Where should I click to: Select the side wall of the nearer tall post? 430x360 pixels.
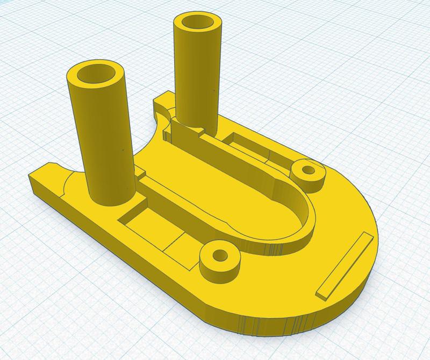(x=102, y=140)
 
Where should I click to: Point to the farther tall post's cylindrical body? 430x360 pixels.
(x=196, y=81)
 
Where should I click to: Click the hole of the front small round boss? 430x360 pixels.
(x=219, y=255)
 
